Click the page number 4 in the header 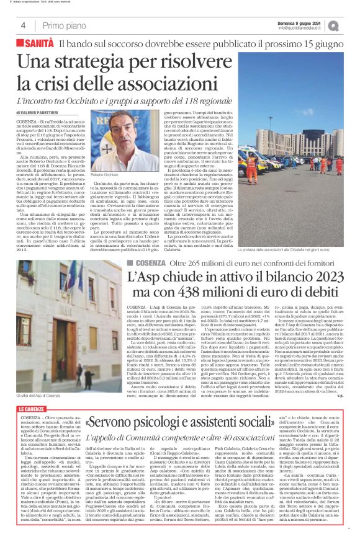coord(23,25)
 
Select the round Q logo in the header coord(351,25)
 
